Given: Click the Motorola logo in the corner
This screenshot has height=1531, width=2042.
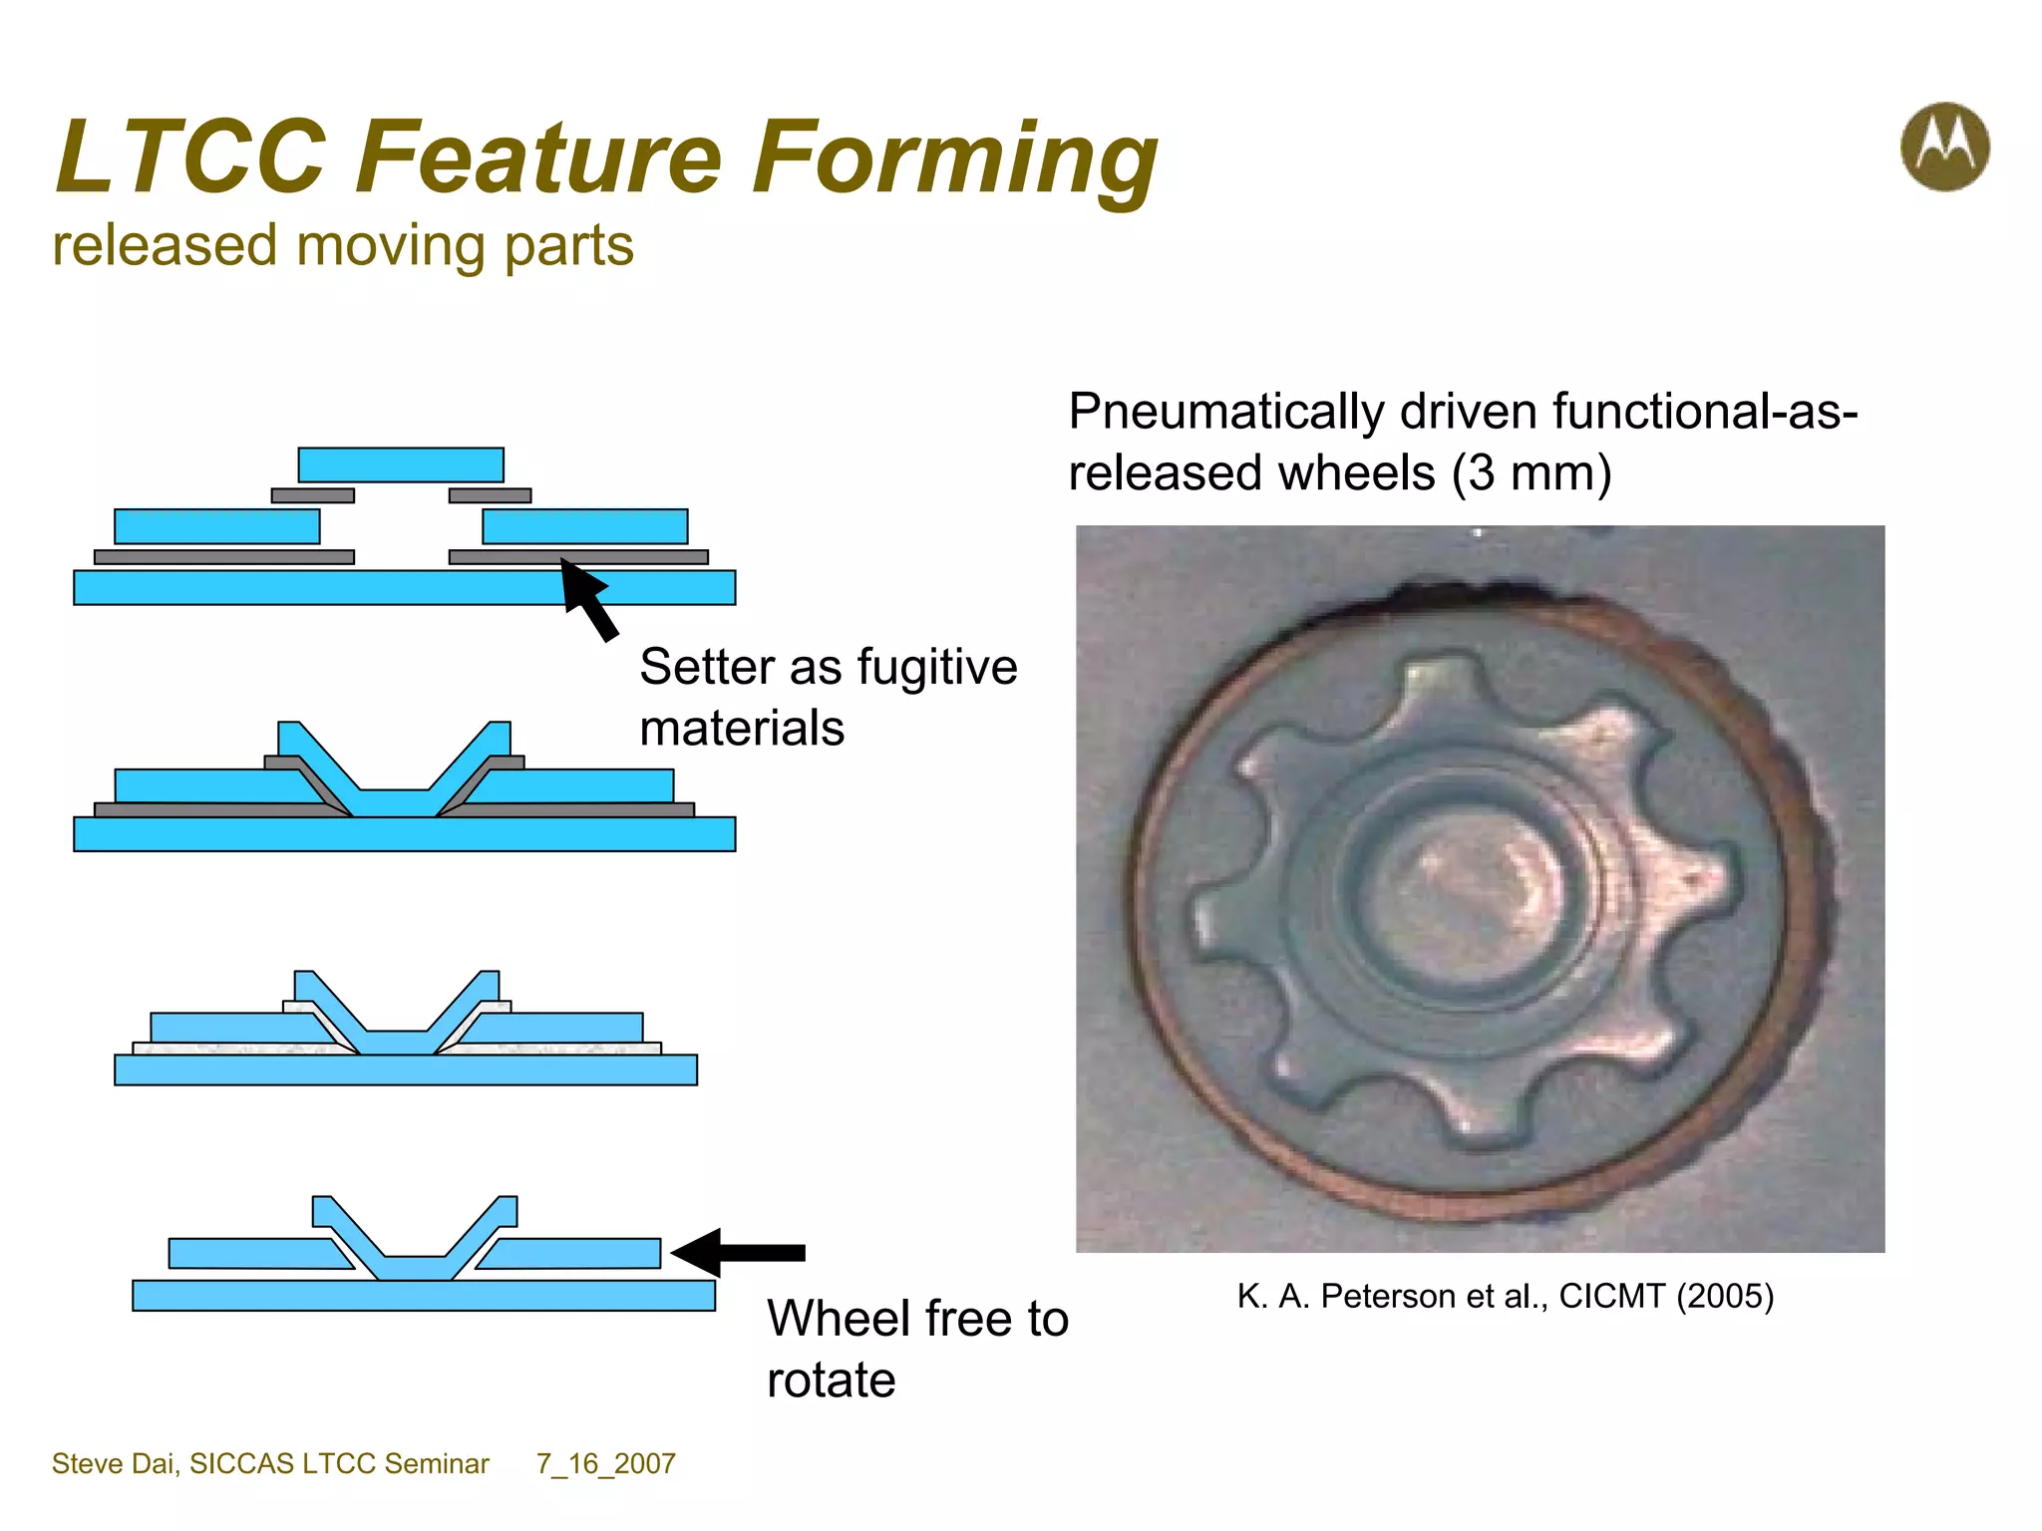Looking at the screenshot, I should pyautogui.click(x=1944, y=147).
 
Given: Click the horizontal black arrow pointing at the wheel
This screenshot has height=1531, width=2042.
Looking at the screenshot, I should pyautogui.click(x=739, y=1252).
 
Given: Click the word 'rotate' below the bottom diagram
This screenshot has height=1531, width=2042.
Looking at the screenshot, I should pyautogui.click(x=831, y=1380).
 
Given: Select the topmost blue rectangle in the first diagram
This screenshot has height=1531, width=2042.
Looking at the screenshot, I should pyautogui.click(x=401, y=464).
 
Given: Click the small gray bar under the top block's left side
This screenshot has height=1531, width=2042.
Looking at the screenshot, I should pyautogui.click(x=312, y=495).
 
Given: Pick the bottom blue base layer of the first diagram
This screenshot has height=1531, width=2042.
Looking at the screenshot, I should pyautogui.click(x=404, y=588).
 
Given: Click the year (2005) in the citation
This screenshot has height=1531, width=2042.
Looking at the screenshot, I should pyautogui.click(x=1725, y=1296).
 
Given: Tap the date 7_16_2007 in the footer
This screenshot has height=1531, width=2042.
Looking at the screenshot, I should pyautogui.click(x=605, y=1463).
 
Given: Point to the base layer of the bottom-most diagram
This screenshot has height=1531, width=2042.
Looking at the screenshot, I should pyautogui.click(x=423, y=1296).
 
